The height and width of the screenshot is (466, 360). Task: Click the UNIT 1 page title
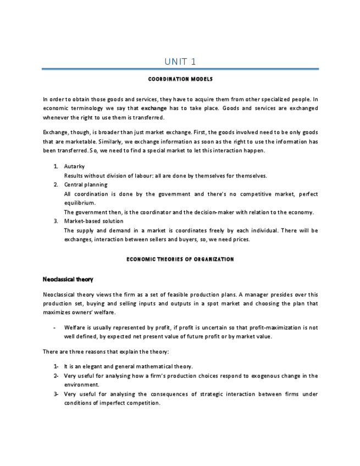point(180,61)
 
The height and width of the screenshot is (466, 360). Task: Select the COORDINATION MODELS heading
point(180,80)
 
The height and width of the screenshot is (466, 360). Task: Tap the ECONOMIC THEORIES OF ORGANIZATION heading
point(180,259)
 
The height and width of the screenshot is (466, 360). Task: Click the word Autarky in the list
point(74,166)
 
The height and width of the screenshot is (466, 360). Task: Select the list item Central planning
point(86,185)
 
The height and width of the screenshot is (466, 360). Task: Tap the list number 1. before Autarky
point(56,166)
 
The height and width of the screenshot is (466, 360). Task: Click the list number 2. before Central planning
point(56,185)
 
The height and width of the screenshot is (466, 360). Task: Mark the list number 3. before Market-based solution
point(56,221)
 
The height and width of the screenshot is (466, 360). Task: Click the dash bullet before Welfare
point(54,328)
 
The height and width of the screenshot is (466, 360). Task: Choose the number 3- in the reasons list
point(56,394)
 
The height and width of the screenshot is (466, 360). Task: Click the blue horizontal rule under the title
point(180,69)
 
